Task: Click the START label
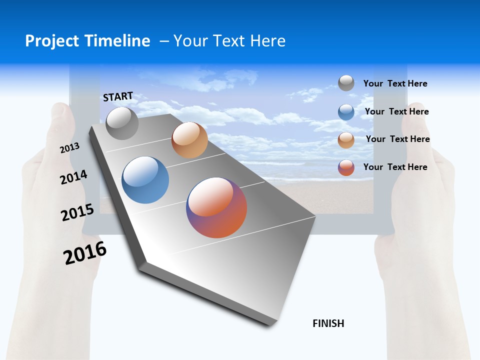click(118, 96)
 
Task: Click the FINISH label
click(328, 323)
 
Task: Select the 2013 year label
click(69, 148)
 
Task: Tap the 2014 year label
click(73, 177)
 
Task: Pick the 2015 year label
click(77, 212)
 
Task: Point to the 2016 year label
click(85, 253)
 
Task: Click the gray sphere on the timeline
click(122, 123)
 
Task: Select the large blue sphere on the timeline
click(145, 180)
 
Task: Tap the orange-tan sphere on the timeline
click(189, 140)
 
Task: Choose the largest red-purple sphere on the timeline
click(216, 207)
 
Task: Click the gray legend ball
click(346, 83)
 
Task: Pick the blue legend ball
click(346, 111)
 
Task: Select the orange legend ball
click(346, 139)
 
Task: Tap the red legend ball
click(346, 167)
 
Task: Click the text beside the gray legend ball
click(395, 84)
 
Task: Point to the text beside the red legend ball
click(395, 167)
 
